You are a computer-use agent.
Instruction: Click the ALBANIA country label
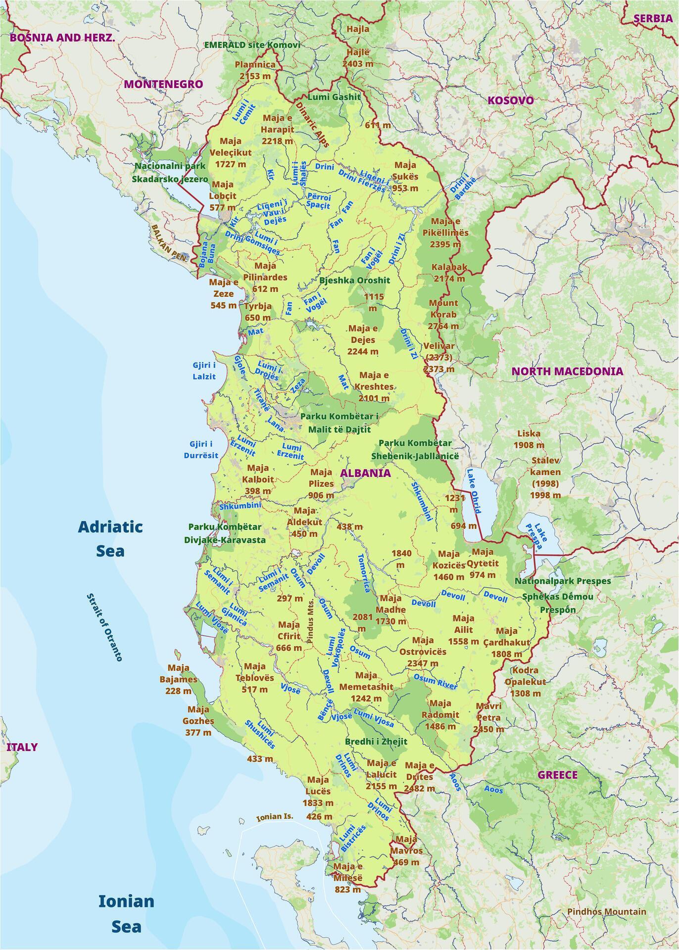[365, 473]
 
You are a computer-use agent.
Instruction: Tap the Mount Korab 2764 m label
[443, 314]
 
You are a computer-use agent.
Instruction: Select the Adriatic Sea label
[110, 538]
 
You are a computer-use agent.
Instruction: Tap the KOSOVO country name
[511, 100]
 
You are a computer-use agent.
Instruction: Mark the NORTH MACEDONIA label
[567, 371]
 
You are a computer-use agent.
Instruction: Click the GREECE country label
[558, 775]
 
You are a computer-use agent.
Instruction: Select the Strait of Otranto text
[104, 627]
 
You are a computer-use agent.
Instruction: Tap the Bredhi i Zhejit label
[376, 741]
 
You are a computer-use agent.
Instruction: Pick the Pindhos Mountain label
[607, 911]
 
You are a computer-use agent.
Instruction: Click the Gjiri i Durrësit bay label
[204, 449]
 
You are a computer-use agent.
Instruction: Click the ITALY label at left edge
[22, 747]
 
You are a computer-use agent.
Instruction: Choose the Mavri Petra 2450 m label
[488, 717]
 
